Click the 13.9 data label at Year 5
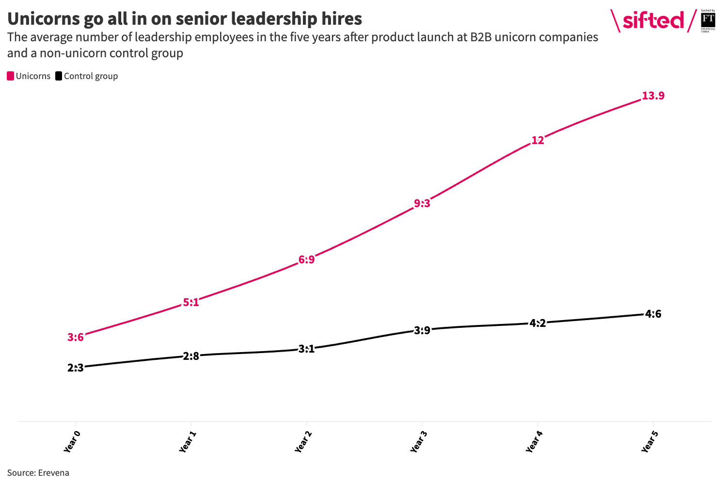(x=653, y=96)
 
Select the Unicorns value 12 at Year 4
(x=537, y=141)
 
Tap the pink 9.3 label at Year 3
(x=422, y=204)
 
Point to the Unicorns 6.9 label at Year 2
(x=306, y=260)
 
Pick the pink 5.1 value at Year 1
(x=191, y=303)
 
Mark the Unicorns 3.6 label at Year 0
(x=76, y=338)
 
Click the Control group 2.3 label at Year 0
(x=76, y=368)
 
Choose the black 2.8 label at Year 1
(x=191, y=356)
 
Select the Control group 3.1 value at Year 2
(x=306, y=349)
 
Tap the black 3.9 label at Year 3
(x=422, y=331)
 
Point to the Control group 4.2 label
(x=537, y=323)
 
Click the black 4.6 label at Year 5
(x=653, y=314)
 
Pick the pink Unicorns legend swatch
(x=11, y=76)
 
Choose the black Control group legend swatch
(x=59, y=76)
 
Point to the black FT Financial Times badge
(x=708, y=21)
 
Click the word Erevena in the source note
(x=53, y=473)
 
